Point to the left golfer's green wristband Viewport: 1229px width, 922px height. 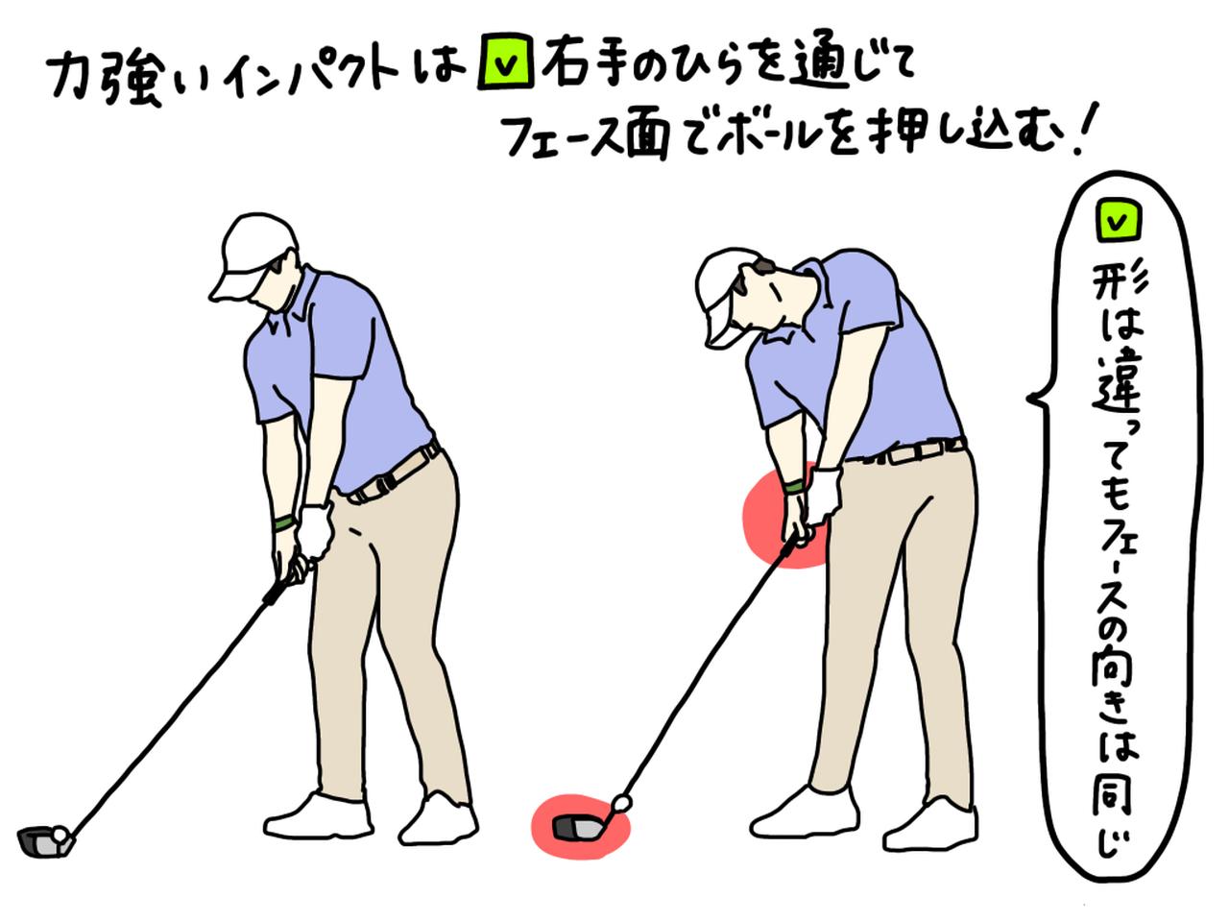(282, 523)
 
